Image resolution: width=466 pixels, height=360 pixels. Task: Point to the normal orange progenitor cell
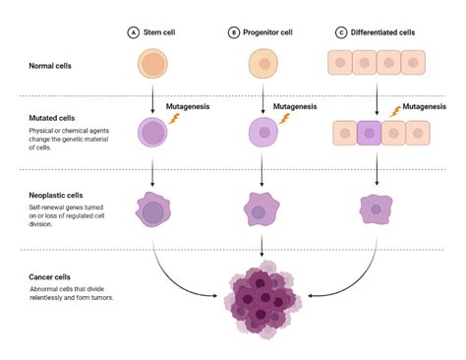(x=261, y=65)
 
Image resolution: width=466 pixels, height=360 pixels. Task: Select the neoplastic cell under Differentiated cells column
(x=375, y=210)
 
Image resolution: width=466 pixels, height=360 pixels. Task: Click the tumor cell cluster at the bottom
(x=262, y=301)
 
